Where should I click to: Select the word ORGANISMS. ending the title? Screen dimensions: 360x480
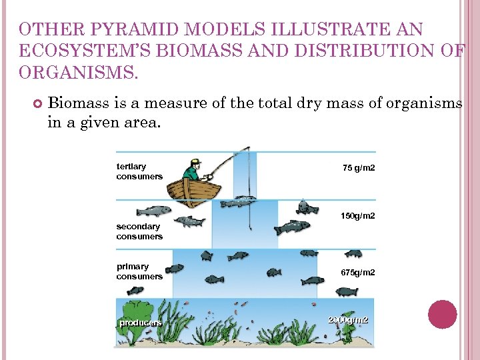(79, 72)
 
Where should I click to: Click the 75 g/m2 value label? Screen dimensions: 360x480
(359, 168)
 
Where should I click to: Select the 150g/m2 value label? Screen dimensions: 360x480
(358, 216)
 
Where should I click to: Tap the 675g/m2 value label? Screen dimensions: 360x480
(358, 273)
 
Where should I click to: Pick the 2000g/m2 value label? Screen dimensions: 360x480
(348, 320)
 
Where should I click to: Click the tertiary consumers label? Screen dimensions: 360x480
(139, 171)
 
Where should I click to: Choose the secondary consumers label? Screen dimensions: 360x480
(139, 231)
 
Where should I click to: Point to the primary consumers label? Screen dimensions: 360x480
(139, 271)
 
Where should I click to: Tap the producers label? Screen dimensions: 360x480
(140, 323)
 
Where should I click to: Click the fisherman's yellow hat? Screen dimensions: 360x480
(194, 161)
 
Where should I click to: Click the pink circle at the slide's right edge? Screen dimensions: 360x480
(442, 315)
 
